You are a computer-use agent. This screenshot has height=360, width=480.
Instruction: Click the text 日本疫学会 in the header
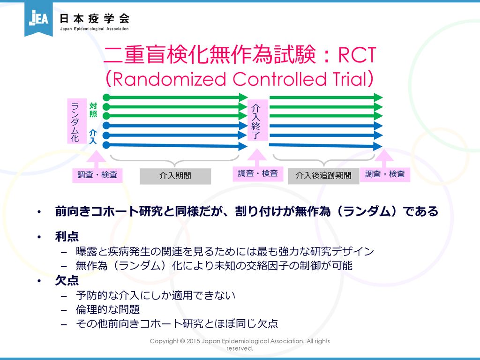point(95,18)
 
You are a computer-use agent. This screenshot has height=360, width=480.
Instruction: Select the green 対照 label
point(93,110)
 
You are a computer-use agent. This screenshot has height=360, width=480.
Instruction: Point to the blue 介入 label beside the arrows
point(93,136)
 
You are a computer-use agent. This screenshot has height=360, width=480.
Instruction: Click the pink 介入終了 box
point(257,120)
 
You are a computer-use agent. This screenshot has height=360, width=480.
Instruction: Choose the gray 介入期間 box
point(175,176)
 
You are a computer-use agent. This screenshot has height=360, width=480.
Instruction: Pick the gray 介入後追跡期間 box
point(323,176)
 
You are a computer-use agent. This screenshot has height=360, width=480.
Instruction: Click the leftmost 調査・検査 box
point(97,175)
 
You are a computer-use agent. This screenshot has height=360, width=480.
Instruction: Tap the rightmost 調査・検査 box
point(385,174)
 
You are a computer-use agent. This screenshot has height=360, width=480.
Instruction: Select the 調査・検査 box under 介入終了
point(258,173)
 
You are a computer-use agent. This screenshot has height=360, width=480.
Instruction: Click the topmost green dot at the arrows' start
point(106,97)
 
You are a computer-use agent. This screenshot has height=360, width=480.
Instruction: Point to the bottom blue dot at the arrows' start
point(106,145)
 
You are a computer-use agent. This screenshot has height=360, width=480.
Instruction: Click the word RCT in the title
point(357,55)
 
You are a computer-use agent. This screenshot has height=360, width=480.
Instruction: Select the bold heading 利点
point(67,237)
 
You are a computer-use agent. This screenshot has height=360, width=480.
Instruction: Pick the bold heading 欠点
point(67,280)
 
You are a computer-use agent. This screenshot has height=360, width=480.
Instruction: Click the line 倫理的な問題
point(108,309)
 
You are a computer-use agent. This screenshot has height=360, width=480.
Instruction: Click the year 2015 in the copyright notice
point(193,341)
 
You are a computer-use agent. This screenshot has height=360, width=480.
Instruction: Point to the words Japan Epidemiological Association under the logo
point(94,29)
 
